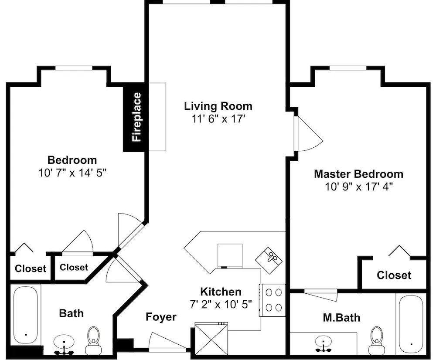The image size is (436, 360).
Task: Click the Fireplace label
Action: tap(137, 117)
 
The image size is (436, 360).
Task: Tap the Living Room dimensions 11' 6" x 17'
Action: tap(218, 119)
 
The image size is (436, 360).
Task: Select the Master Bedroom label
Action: tap(359, 174)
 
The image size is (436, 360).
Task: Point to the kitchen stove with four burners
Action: tap(272, 300)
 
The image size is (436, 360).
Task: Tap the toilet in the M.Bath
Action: tap(376, 341)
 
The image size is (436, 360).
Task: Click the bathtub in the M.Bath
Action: tap(411, 324)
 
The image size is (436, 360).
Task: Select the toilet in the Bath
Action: tap(93, 341)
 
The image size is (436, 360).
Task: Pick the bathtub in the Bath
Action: tap(26, 316)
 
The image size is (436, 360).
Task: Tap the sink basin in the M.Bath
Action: tap(324, 341)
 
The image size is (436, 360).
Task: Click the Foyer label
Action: tap(161, 317)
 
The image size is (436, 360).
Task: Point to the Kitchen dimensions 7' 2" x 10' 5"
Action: tap(221, 304)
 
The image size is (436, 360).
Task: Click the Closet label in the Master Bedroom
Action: tap(394, 275)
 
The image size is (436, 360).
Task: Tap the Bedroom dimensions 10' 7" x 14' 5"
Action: tap(72, 173)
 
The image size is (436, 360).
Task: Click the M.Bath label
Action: tap(341, 317)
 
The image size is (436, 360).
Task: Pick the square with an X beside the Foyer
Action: tap(211, 339)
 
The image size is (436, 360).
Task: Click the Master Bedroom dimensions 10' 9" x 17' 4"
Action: tap(359, 187)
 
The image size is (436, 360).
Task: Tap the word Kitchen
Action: tap(221, 292)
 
